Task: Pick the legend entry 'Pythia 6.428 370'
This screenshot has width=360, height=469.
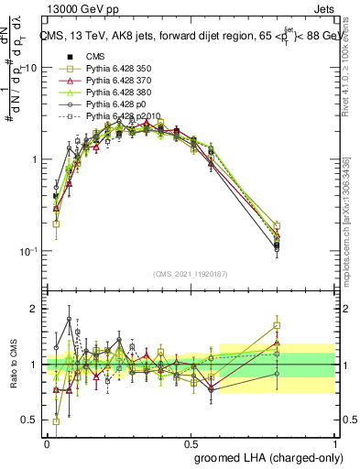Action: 104,81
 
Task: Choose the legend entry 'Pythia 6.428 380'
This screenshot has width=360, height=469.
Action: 104,93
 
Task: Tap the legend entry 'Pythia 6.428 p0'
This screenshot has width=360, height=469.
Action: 101,104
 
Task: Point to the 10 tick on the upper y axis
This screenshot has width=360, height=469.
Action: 30,68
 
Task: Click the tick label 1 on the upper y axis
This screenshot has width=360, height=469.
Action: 33,159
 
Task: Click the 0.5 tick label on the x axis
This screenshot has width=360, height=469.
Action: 191,443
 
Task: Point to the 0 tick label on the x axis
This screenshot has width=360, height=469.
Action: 47,443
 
